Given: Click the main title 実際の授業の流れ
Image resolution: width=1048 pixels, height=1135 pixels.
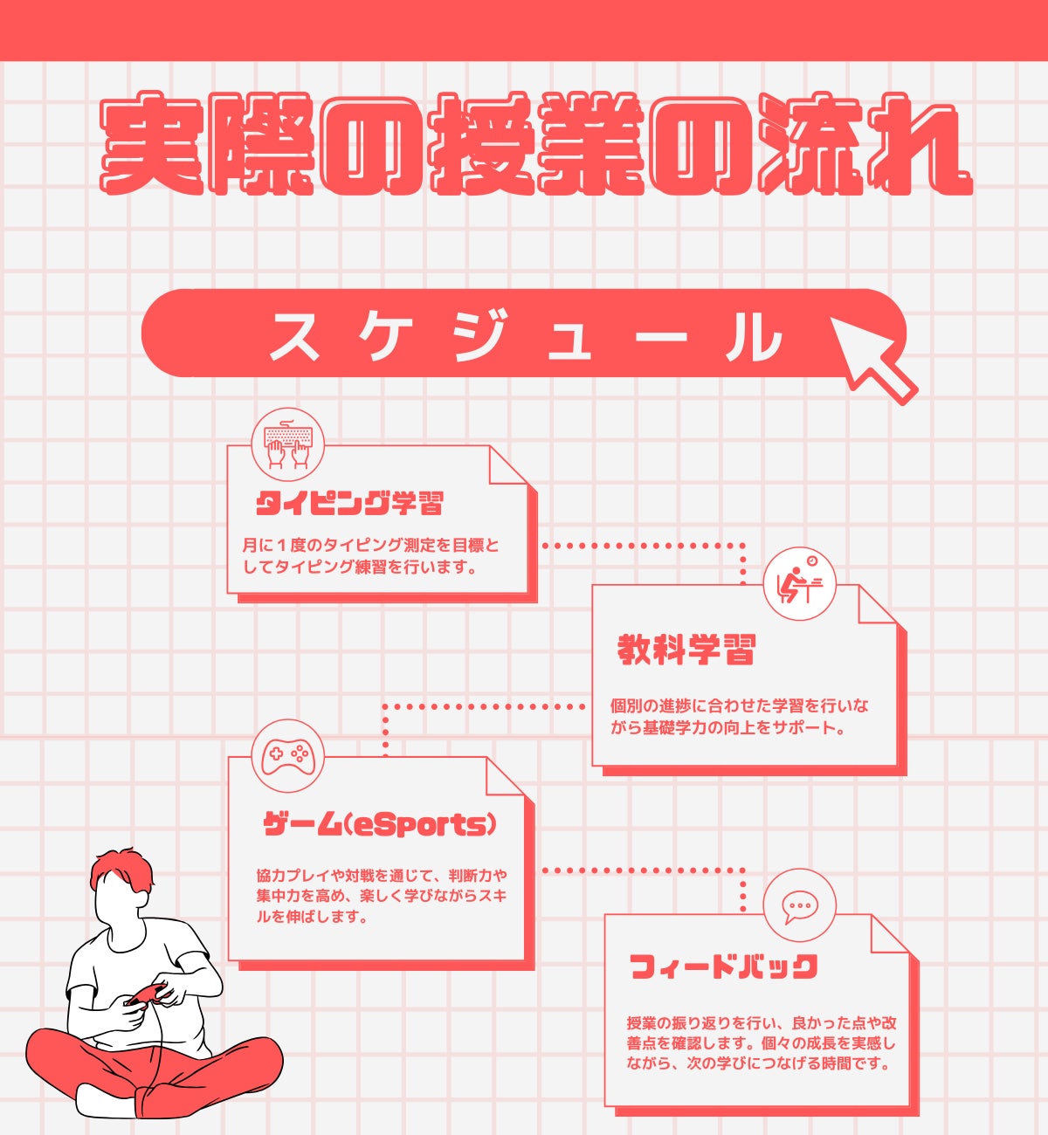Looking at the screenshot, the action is [x=536, y=144].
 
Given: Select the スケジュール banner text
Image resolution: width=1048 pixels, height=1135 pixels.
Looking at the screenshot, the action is [x=526, y=335].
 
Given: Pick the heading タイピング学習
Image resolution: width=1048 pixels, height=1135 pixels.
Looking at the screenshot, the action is [x=349, y=503].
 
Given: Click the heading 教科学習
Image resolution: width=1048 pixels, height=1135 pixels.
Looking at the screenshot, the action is [x=686, y=650].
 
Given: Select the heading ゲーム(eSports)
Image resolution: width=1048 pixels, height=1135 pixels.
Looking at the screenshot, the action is [x=380, y=826].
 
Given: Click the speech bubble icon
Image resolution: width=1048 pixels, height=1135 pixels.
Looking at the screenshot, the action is [x=800, y=907].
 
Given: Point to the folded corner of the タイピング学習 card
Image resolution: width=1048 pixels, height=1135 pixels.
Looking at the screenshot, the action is [x=507, y=465].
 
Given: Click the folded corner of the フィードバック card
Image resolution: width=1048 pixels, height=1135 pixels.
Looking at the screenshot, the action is [x=890, y=934].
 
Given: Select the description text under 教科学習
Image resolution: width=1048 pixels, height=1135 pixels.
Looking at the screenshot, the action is [x=739, y=717].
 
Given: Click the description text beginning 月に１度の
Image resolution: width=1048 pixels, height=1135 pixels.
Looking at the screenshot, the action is [x=371, y=556].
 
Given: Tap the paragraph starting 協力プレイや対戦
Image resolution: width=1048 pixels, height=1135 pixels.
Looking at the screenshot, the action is [x=382, y=896].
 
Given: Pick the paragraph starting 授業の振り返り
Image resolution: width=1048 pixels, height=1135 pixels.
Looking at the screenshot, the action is [x=761, y=1043].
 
